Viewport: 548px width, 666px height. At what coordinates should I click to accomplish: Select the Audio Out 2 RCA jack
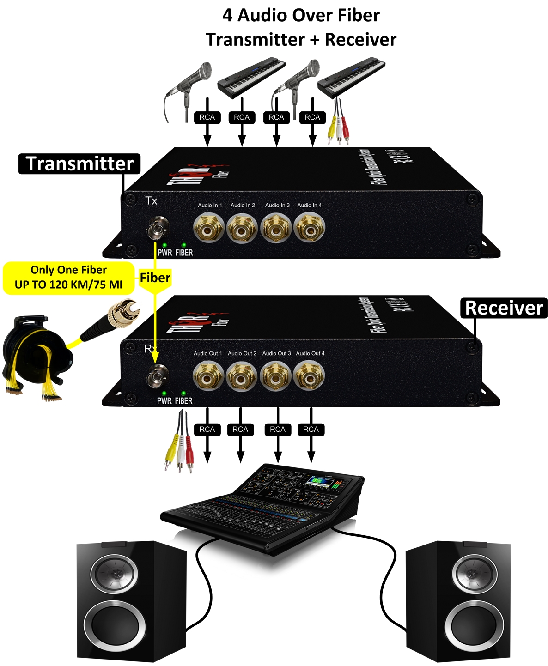point(242,376)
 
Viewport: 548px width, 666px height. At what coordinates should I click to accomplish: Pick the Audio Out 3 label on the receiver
point(276,353)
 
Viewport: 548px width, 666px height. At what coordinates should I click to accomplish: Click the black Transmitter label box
point(79,164)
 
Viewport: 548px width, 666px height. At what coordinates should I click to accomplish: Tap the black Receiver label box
point(504,308)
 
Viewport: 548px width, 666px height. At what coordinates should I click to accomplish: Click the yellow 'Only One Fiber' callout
point(69,278)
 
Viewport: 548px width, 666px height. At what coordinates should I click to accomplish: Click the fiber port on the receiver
point(157,376)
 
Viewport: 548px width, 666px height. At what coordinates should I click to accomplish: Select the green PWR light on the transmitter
point(164,245)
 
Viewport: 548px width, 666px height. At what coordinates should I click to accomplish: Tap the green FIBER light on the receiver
point(183,393)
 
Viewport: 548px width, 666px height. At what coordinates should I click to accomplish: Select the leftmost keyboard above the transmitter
point(251,76)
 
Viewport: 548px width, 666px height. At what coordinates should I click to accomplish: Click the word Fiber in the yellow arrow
point(155,278)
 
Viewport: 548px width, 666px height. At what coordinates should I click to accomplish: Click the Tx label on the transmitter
point(151,201)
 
